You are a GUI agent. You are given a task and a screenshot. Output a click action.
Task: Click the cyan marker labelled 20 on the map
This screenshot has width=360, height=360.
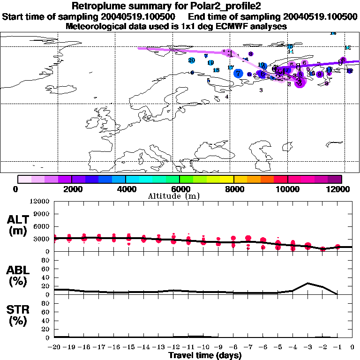click(192, 60)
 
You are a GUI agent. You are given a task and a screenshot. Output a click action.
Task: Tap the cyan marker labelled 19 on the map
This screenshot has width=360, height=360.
click(211, 63)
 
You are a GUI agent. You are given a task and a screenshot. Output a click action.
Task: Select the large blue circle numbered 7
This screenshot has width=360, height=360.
click(239, 73)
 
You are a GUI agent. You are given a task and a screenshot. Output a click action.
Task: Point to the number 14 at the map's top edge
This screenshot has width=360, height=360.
click(333, 33)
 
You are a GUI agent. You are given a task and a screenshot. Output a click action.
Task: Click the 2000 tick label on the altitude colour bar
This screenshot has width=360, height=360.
click(71, 189)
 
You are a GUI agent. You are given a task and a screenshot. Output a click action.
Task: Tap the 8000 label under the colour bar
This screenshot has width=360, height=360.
click(234, 189)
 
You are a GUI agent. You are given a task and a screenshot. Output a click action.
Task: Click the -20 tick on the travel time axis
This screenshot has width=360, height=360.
click(54, 347)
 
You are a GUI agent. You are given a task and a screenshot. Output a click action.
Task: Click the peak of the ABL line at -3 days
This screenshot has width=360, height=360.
click(307, 283)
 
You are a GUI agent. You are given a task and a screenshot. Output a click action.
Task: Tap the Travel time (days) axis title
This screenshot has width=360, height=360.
click(205, 355)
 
